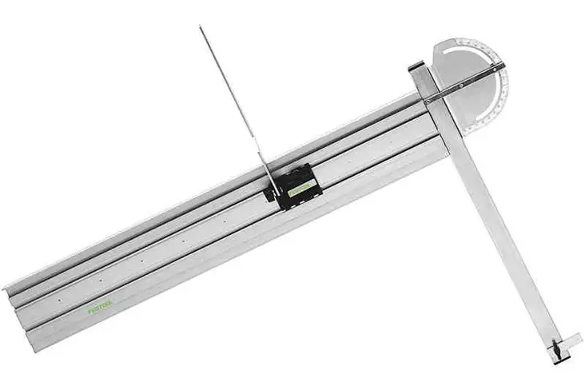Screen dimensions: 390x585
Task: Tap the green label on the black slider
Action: (301, 188)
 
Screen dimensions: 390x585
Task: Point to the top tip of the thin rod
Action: (201, 27)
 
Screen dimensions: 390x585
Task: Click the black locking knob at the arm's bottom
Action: (555, 350)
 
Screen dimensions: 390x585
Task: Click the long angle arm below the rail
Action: (503, 240)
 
